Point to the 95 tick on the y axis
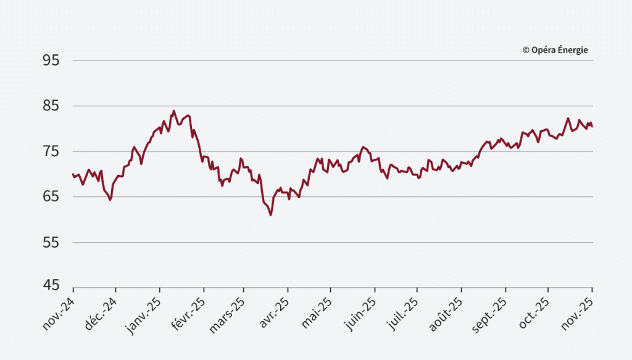point(51,61)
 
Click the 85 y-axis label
point(51,106)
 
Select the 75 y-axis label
point(51,152)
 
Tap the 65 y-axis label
point(51,197)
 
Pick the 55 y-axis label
point(51,243)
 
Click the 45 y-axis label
point(51,286)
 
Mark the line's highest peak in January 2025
point(173,111)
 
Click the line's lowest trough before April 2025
point(270,214)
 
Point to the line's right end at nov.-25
point(592,127)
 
